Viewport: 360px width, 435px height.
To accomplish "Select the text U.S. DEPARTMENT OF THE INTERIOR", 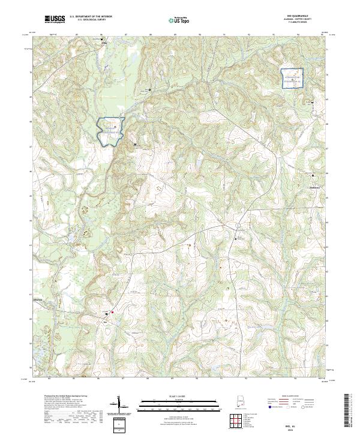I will tap(91, 17).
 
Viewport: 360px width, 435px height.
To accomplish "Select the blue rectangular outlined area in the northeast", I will tap(292, 79).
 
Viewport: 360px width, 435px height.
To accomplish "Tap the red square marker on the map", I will tap(112, 312).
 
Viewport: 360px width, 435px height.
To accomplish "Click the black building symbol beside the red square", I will tap(107, 312).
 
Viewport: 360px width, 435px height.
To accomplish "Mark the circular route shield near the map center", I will tap(238, 224).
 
